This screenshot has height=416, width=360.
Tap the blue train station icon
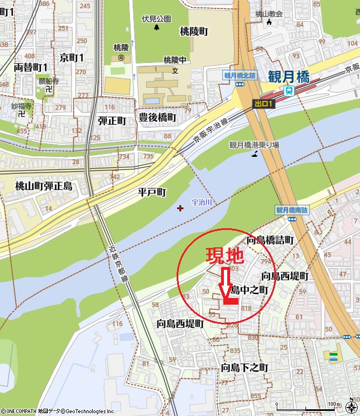pos(289,91)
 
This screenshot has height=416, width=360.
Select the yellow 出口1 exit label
pos(263,104)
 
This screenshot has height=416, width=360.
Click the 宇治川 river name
pos(201,202)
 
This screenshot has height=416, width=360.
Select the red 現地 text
pos(224,256)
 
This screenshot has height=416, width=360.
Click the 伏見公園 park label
pos(156,18)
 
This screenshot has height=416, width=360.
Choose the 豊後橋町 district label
pos(157,117)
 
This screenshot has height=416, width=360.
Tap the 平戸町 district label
pos(152,193)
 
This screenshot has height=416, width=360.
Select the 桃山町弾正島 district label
pos(44,186)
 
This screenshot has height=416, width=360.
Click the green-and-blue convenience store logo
pos(334,356)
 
